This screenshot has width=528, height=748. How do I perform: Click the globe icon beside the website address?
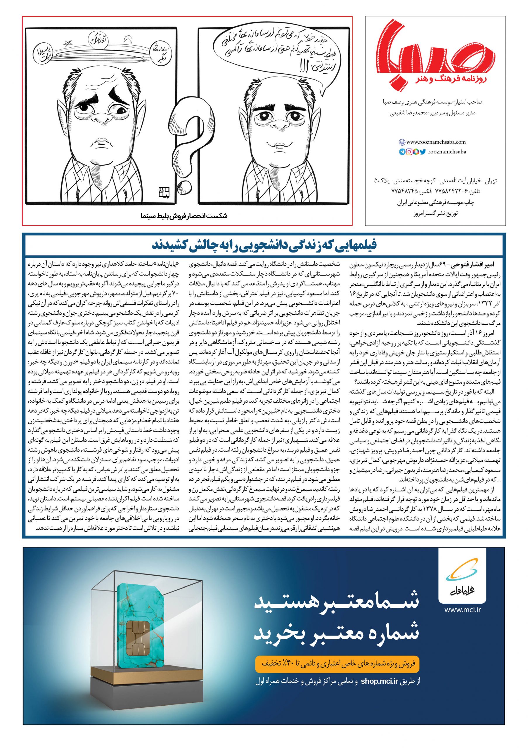tap(402, 142)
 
